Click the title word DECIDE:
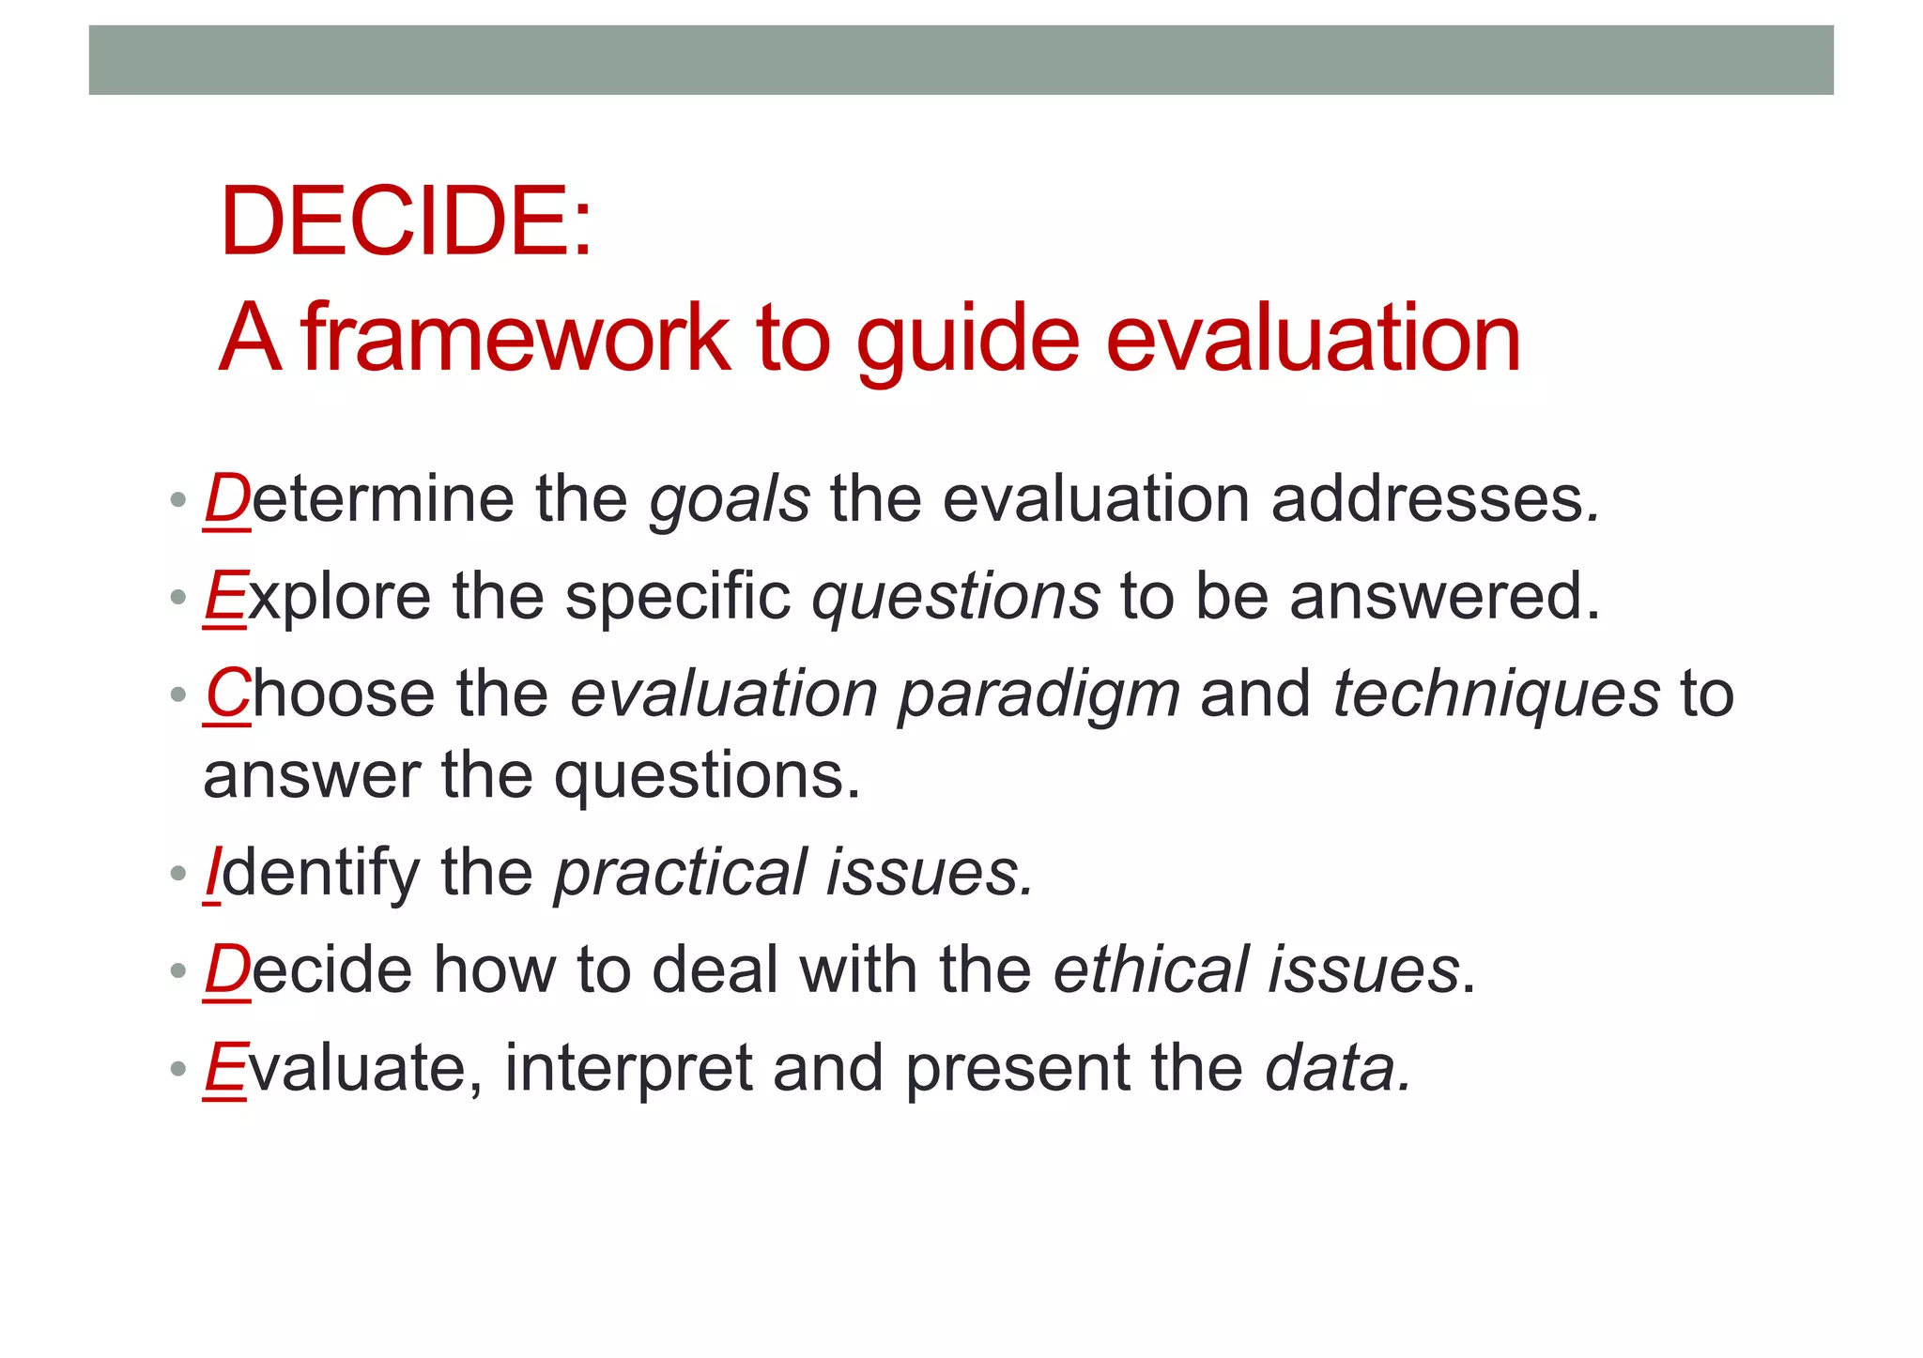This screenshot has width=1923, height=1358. click(406, 221)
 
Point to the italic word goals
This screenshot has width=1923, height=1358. click(730, 500)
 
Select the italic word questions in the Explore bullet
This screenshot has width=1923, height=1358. click(956, 598)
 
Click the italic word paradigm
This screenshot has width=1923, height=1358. click(1038, 696)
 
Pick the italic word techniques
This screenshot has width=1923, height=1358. click(1496, 694)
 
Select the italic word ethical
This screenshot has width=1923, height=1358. click(1151, 969)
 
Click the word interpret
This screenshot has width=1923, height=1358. click(628, 1070)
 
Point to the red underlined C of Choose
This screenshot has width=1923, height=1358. click(227, 694)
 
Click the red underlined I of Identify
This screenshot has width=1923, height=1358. click(213, 873)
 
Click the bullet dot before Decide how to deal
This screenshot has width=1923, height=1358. click(178, 971)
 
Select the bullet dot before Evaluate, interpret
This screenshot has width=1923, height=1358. click(178, 1069)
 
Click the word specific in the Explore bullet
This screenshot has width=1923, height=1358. click(678, 598)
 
